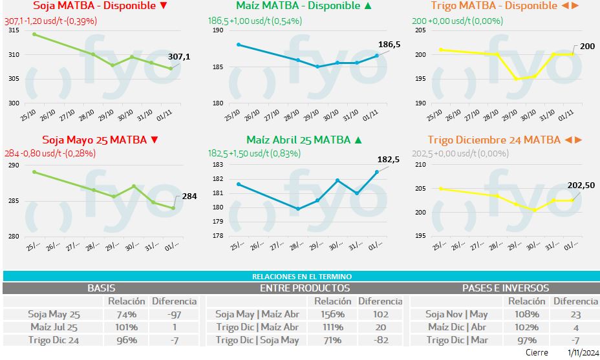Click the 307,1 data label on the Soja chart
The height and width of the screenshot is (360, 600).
pos(179,57)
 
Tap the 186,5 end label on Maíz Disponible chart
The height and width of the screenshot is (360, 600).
pos(389,45)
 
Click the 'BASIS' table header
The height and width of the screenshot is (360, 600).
pos(101,288)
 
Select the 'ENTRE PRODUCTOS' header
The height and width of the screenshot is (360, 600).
pos(305,288)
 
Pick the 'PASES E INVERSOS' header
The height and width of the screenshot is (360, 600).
pos(505,288)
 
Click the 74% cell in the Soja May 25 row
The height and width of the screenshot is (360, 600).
pos(122,314)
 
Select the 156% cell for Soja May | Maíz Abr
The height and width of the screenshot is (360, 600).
pos(332,314)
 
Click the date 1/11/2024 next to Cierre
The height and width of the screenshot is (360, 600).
pos(582,353)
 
